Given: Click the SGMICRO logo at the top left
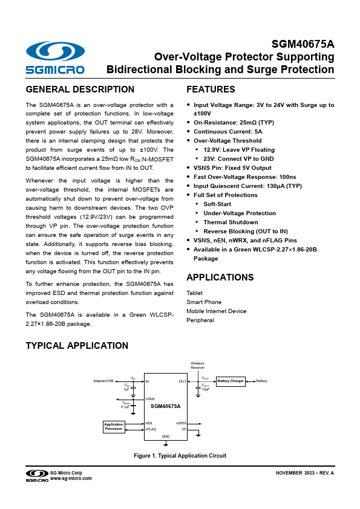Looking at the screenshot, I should (x=55, y=58).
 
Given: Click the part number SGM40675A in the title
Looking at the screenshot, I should (x=303, y=44).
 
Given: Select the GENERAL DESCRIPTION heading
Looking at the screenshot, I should (x=80, y=89).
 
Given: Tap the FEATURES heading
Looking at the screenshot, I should (x=211, y=89).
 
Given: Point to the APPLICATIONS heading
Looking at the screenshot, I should (x=220, y=277).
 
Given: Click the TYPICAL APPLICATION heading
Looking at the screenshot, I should (x=77, y=346).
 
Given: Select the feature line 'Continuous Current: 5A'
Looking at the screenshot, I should (x=227, y=131).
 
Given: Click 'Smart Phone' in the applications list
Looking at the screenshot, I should (x=204, y=302).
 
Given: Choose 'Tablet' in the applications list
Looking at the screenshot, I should (x=195, y=293).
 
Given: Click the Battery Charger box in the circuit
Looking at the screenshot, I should (x=231, y=381).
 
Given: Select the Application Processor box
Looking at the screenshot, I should (x=114, y=427).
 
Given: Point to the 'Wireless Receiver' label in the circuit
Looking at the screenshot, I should (x=197, y=365).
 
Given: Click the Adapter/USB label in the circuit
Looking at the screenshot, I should (x=103, y=381).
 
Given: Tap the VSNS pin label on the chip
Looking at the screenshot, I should (x=150, y=399).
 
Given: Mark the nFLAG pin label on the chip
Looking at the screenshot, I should (x=151, y=429).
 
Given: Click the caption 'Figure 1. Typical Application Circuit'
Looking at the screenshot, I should (x=180, y=455).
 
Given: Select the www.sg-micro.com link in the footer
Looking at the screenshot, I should (x=71, y=478).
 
